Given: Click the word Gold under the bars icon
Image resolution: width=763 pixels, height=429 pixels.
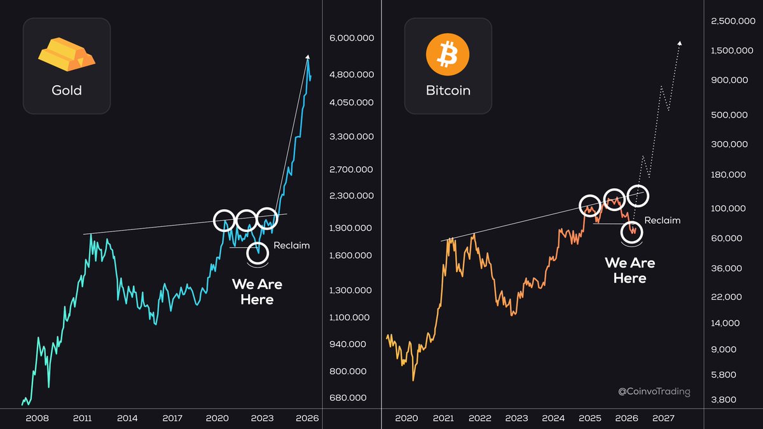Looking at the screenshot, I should pyautogui.click(x=66, y=90).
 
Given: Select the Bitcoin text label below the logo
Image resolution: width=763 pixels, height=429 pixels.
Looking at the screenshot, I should pyautogui.click(x=448, y=90).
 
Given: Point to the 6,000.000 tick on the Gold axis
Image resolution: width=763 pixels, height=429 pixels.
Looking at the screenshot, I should pyautogui.click(x=351, y=39).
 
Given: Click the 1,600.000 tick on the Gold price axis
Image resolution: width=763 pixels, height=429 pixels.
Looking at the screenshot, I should pyautogui.click(x=351, y=255).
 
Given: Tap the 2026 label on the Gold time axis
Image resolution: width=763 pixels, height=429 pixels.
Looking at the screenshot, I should pyautogui.click(x=307, y=418).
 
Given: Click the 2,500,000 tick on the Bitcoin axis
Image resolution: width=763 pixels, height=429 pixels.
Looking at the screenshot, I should pyautogui.click(x=731, y=22).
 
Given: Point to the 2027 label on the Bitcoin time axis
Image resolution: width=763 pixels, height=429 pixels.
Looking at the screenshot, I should pyautogui.click(x=663, y=418).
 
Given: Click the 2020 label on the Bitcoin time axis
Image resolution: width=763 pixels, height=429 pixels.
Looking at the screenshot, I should pyautogui.click(x=406, y=418).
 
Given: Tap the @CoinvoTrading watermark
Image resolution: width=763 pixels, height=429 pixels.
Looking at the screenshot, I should pyautogui.click(x=654, y=392).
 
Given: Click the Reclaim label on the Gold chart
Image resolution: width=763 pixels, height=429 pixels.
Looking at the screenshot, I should pyautogui.click(x=291, y=245).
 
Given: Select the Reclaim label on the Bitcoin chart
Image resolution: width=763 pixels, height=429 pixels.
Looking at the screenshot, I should pyautogui.click(x=662, y=221).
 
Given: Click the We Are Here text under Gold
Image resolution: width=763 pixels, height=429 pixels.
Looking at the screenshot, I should pyautogui.click(x=257, y=292).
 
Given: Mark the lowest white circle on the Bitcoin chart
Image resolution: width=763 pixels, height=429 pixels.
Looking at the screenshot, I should pyautogui.click(x=632, y=232).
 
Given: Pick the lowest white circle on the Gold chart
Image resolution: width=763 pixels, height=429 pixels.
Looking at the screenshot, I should pyautogui.click(x=258, y=253).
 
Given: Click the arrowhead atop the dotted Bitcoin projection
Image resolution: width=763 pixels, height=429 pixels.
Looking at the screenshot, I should pyautogui.click(x=680, y=43).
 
